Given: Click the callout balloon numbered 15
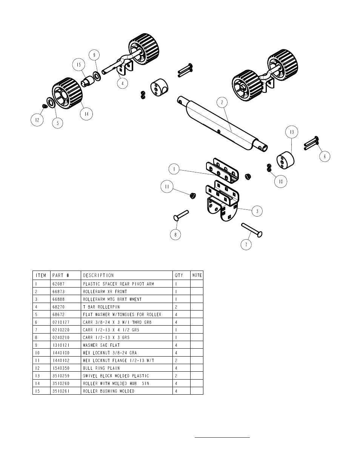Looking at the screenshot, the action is click(79, 65).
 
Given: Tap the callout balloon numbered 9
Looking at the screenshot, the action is click(94, 55).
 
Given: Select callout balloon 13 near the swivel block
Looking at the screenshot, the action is click(292, 132).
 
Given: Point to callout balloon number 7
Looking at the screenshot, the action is click(246, 245).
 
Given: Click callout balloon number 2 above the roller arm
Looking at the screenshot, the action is click(222, 103).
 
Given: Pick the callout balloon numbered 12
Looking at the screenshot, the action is click(37, 120).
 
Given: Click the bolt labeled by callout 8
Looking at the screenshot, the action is click(181, 215).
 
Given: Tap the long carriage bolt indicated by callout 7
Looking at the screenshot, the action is click(252, 230).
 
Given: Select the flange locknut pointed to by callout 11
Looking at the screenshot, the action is click(193, 195).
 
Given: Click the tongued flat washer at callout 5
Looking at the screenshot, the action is click(51, 103).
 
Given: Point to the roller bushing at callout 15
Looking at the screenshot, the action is click(88, 82).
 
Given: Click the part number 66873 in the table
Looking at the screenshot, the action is click(58, 291).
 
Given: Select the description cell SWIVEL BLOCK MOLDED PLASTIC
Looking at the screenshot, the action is click(116, 376).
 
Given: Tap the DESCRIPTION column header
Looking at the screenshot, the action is click(98, 275).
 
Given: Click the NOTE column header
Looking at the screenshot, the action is click(197, 275).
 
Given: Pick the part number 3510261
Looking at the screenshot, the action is click(61, 391).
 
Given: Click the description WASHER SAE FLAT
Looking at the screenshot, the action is click(101, 345).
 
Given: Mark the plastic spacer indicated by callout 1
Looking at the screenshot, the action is click(223, 171).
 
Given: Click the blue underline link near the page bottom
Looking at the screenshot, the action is click(222, 437).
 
